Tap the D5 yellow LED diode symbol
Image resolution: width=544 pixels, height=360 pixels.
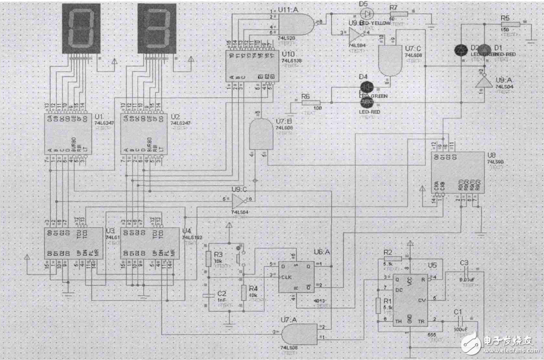(367, 12)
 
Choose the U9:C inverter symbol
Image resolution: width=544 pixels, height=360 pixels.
(243, 199)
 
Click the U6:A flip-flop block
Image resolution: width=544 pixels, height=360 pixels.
(297, 277)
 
